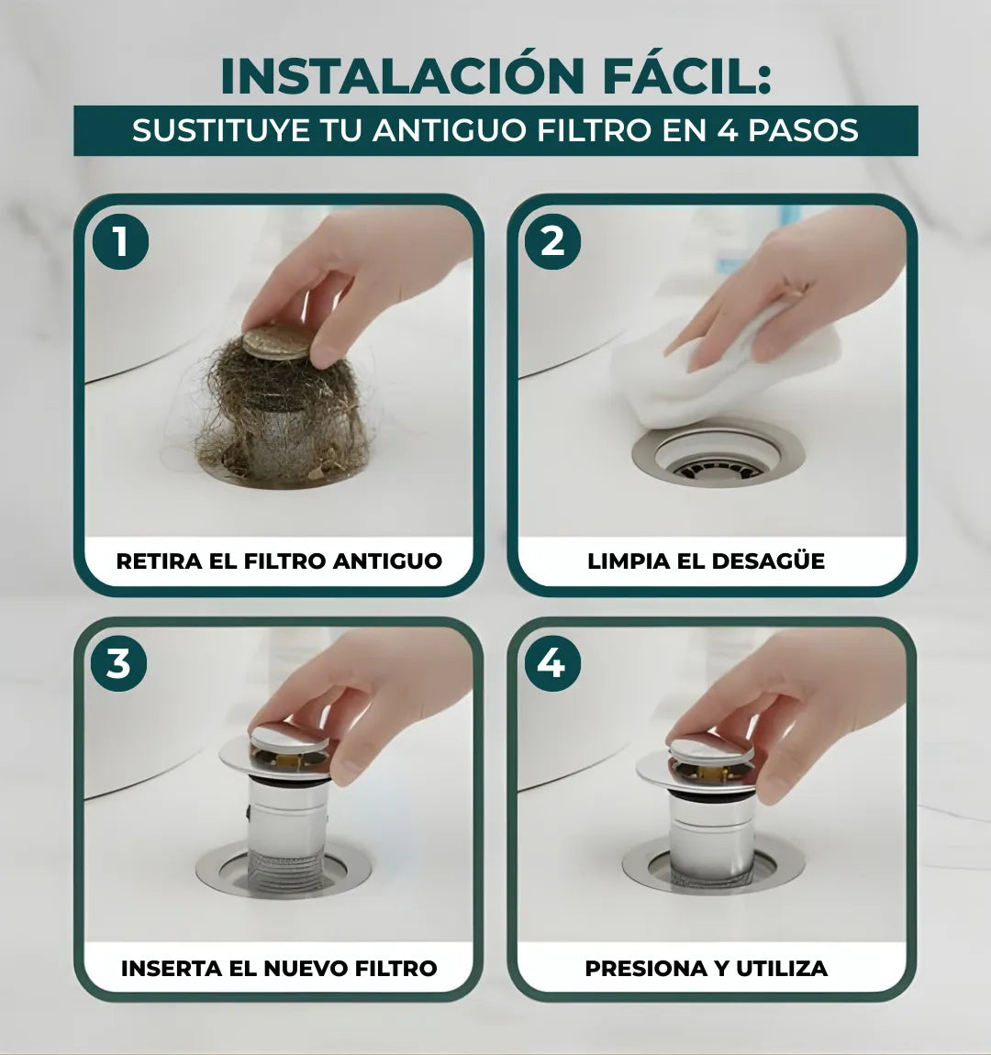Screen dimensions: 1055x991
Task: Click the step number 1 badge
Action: coord(120,242)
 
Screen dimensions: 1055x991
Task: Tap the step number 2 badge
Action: coord(552,242)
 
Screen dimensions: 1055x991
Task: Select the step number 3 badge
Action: coord(119,662)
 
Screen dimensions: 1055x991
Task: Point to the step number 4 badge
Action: coord(551,662)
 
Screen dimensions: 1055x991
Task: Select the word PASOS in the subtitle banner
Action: coord(803,130)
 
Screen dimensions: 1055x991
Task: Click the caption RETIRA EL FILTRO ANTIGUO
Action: coord(279,561)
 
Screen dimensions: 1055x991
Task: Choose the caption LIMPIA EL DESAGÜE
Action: coord(706,561)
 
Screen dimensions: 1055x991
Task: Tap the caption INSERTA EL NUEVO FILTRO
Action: coord(279,968)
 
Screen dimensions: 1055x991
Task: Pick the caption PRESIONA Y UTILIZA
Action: coord(706,968)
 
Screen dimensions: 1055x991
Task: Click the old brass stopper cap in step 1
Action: coord(276,342)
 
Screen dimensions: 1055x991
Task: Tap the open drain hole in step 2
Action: coord(718,463)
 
